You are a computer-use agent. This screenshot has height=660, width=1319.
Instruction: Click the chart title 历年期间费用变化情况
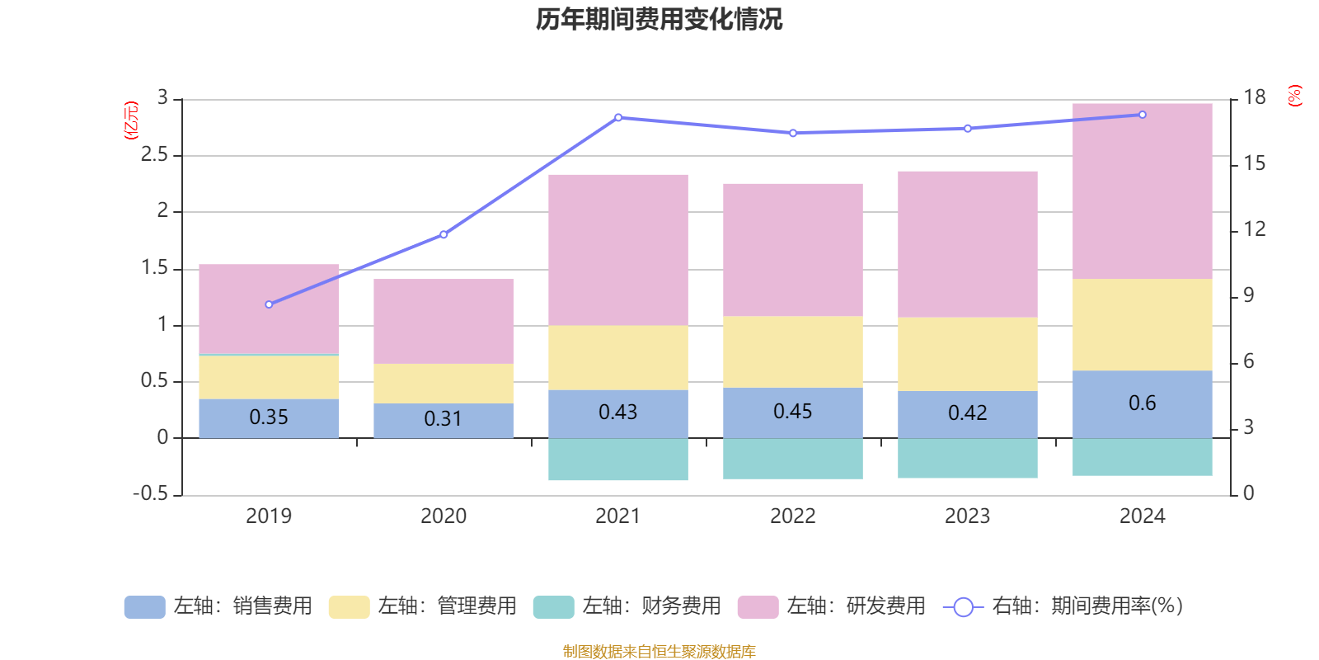pos(659,19)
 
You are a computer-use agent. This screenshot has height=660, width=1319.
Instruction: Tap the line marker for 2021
pos(618,117)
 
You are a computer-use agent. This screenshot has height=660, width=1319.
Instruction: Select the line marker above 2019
pos(269,304)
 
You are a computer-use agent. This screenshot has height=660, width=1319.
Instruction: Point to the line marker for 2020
pos(444,234)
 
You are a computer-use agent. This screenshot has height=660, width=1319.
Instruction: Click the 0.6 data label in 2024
pos(1142,403)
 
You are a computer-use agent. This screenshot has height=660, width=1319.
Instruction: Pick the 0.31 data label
pos(443,419)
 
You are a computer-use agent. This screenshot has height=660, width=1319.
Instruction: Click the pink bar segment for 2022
pos(793,249)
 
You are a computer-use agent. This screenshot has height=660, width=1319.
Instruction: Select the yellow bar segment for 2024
pos(1142,324)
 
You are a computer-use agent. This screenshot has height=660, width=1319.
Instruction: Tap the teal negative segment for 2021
pos(618,460)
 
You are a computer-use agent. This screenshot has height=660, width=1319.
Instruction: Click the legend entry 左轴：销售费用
pos(218,606)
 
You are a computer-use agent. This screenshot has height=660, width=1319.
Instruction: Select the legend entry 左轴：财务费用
pos(627,606)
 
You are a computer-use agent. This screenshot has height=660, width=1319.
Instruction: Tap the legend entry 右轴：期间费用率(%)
pos(1063,606)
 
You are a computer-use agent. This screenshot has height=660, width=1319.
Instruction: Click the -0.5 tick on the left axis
pos(150,493)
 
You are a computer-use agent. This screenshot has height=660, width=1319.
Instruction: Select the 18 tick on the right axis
pos(1254,97)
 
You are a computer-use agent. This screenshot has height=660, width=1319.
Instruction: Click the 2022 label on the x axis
pos(793,516)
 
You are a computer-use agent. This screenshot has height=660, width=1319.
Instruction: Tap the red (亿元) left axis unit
pos(131,120)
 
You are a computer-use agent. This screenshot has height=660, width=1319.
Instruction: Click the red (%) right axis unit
pos(1294,96)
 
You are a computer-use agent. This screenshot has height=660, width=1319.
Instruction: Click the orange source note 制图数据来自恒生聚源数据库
pos(659,652)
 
